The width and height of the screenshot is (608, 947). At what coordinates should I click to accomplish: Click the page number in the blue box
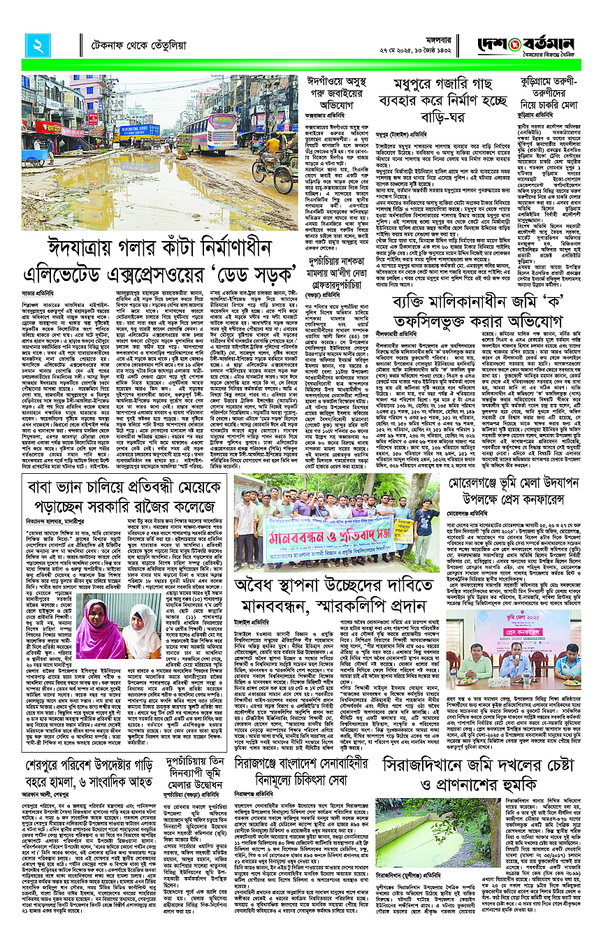pos(36,45)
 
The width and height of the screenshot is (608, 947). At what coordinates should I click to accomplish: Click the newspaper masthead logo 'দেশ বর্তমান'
pos(556,43)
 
